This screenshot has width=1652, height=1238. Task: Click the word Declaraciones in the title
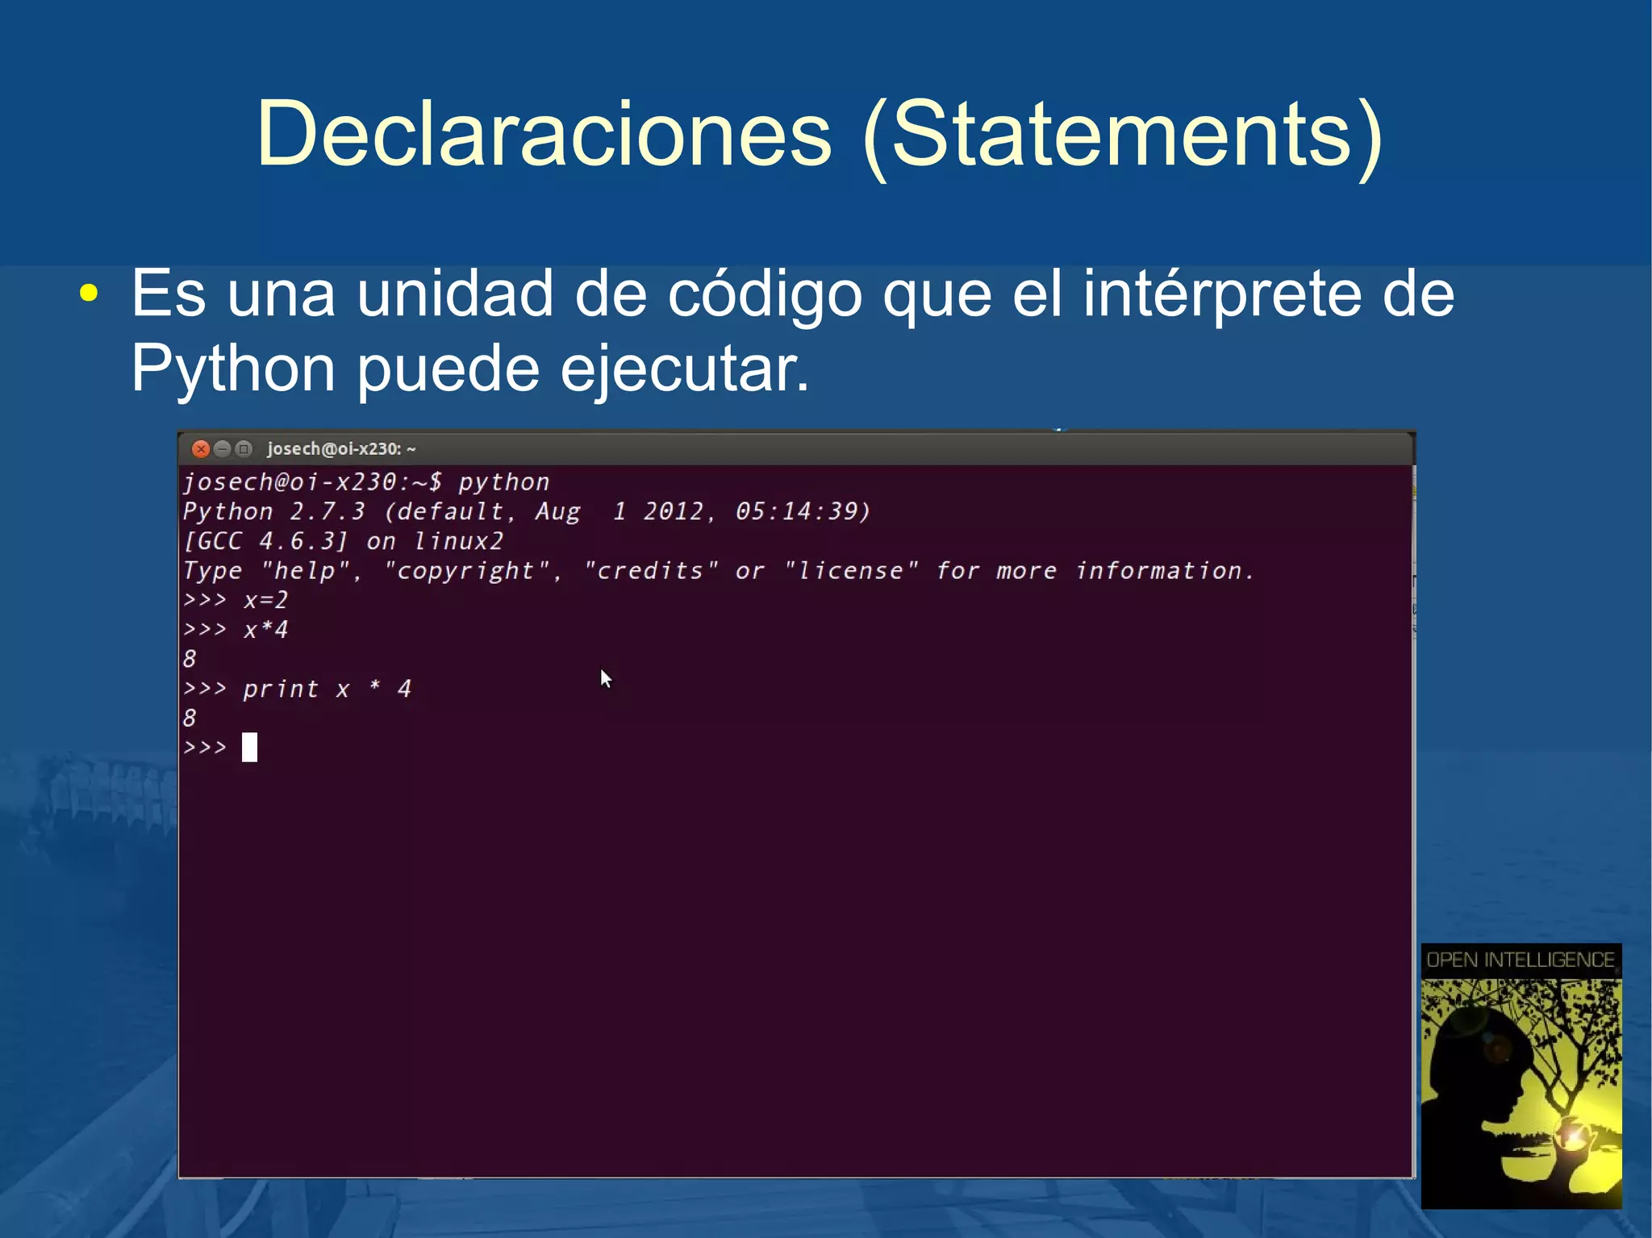point(543,134)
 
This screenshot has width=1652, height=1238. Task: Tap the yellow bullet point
point(90,294)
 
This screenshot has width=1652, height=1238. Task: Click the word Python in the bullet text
point(232,369)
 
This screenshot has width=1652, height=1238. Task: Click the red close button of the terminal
point(201,449)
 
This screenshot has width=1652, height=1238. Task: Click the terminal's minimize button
point(222,449)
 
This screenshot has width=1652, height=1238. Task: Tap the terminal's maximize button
point(243,449)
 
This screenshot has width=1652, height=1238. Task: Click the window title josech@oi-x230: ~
point(341,449)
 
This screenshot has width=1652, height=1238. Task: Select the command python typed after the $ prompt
point(503,482)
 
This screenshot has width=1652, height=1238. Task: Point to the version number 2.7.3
point(327,511)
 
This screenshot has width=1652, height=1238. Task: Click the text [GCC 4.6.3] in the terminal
point(265,541)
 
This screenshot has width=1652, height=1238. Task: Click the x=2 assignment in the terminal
point(265,600)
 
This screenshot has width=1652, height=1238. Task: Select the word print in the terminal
point(280,689)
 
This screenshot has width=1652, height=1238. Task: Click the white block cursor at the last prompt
point(250,748)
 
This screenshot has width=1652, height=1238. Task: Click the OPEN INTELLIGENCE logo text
point(1521,960)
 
